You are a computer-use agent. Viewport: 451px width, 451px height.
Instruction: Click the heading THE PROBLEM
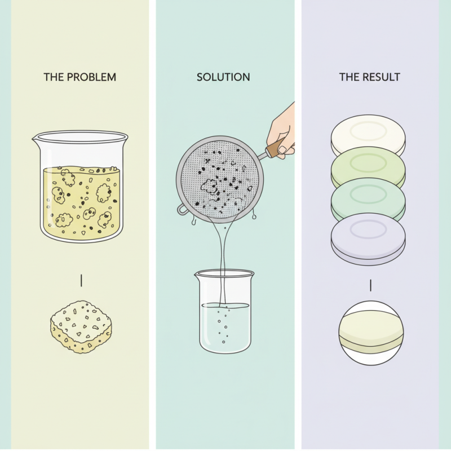click(80, 77)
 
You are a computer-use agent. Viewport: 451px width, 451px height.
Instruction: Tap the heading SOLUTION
click(223, 77)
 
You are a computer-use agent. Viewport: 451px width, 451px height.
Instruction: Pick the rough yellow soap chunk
click(81, 328)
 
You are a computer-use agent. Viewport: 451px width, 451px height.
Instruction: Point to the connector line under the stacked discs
click(370, 285)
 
